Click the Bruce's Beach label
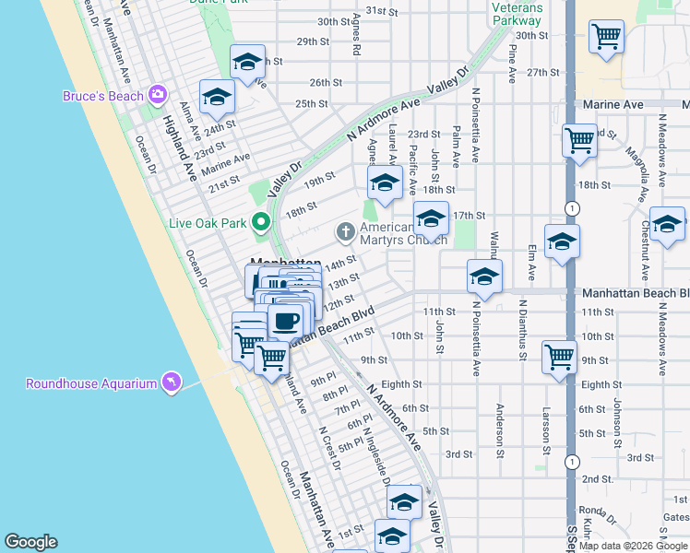tap(102, 96)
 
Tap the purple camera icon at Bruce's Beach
tap(158, 95)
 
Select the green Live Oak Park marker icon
tap(261, 222)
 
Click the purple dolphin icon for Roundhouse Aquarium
tap(171, 382)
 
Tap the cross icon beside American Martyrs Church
tap(345, 231)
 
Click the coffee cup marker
tap(285, 322)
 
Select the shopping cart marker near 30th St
tap(606, 37)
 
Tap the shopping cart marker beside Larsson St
tap(560, 356)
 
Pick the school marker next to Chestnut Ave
tap(667, 224)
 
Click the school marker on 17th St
tap(431, 218)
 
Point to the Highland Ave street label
tap(180, 147)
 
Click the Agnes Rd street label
tap(355, 38)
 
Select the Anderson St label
tap(500, 430)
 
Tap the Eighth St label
tap(401, 384)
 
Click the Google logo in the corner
tap(31, 542)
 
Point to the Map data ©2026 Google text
tap(633, 546)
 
